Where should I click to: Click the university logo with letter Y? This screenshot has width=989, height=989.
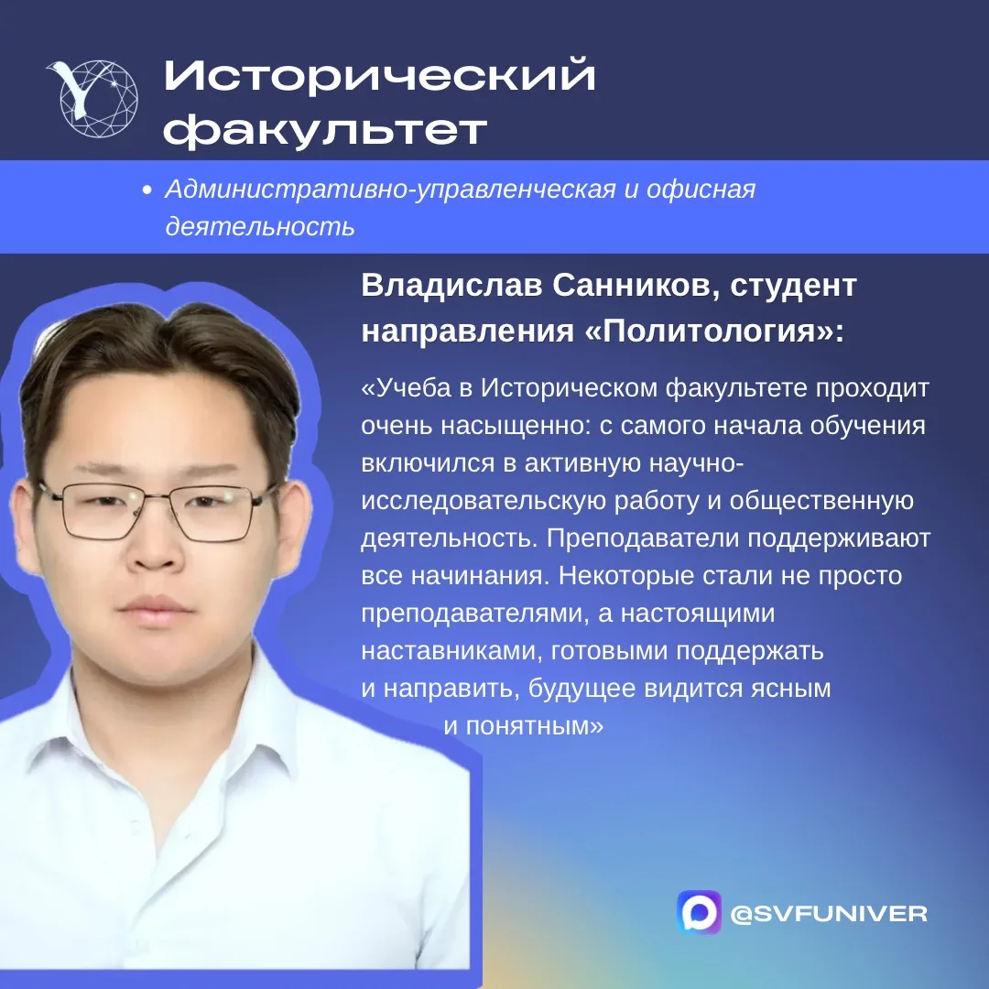pyautogui.click(x=93, y=98)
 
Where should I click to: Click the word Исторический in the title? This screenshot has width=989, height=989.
pyautogui.click(x=380, y=76)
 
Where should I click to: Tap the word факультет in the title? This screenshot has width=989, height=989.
pyautogui.click(x=325, y=131)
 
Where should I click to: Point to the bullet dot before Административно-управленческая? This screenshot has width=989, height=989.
pyautogui.click(x=147, y=190)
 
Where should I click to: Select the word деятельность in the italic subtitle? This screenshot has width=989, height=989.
pyautogui.click(x=260, y=226)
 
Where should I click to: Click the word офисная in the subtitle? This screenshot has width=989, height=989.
pyautogui.click(x=701, y=190)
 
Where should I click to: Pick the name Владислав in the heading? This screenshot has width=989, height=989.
pyautogui.click(x=451, y=285)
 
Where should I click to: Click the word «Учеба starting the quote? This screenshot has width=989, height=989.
pyautogui.click(x=407, y=388)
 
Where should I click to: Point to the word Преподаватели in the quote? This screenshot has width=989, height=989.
pyautogui.click(x=642, y=538)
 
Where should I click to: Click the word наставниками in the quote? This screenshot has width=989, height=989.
pyautogui.click(x=451, y=651)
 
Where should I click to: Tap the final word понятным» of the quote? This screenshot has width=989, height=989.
pyautogui.click(x=535, y=726)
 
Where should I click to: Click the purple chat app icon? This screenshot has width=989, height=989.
pyautogui.click(x=699, y=912)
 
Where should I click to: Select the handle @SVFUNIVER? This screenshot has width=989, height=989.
pyautogui.click(x=829, y=913)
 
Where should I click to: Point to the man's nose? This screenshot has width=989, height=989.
pyautogui.click(x=154, y=542)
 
